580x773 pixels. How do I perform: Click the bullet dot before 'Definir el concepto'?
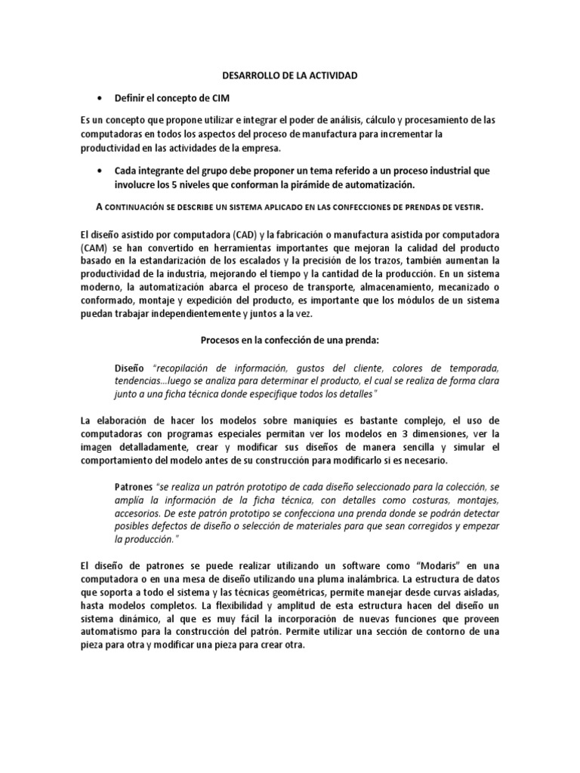pyautogui.click(x=100, y=99)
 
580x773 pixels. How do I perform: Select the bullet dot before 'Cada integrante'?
pyautogui.click(x=100, y=171)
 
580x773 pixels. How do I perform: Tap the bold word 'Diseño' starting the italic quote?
pyautogui.click(x=130, y=368)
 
